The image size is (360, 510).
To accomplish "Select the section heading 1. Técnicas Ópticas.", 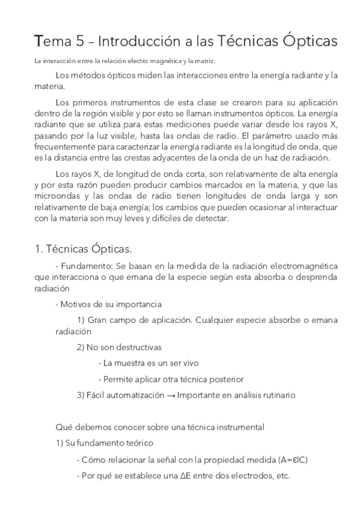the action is (82, 248).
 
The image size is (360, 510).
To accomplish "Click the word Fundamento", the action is (84, 266).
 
